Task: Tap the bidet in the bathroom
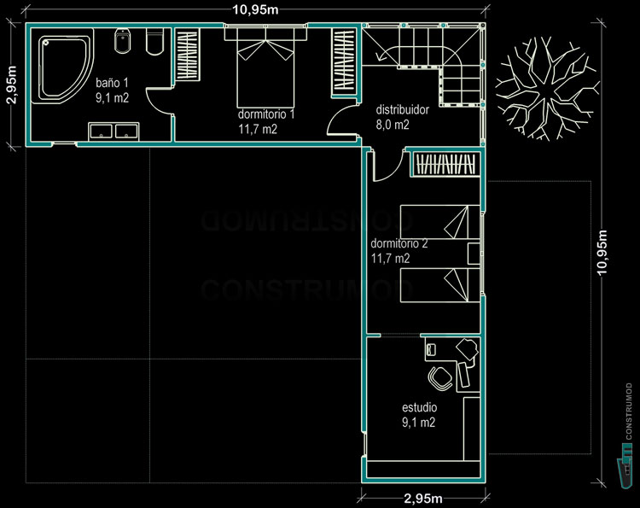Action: (x=122, y=41)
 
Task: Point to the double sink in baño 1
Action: (x=113, y=131)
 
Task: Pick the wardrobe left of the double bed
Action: (x=187, y=56)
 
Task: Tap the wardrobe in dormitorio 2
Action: (x=445, y=164)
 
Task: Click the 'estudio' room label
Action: (x=419, y=407)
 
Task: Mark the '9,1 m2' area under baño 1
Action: (x=112, y=98)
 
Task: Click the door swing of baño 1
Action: (x=158, y=104)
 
